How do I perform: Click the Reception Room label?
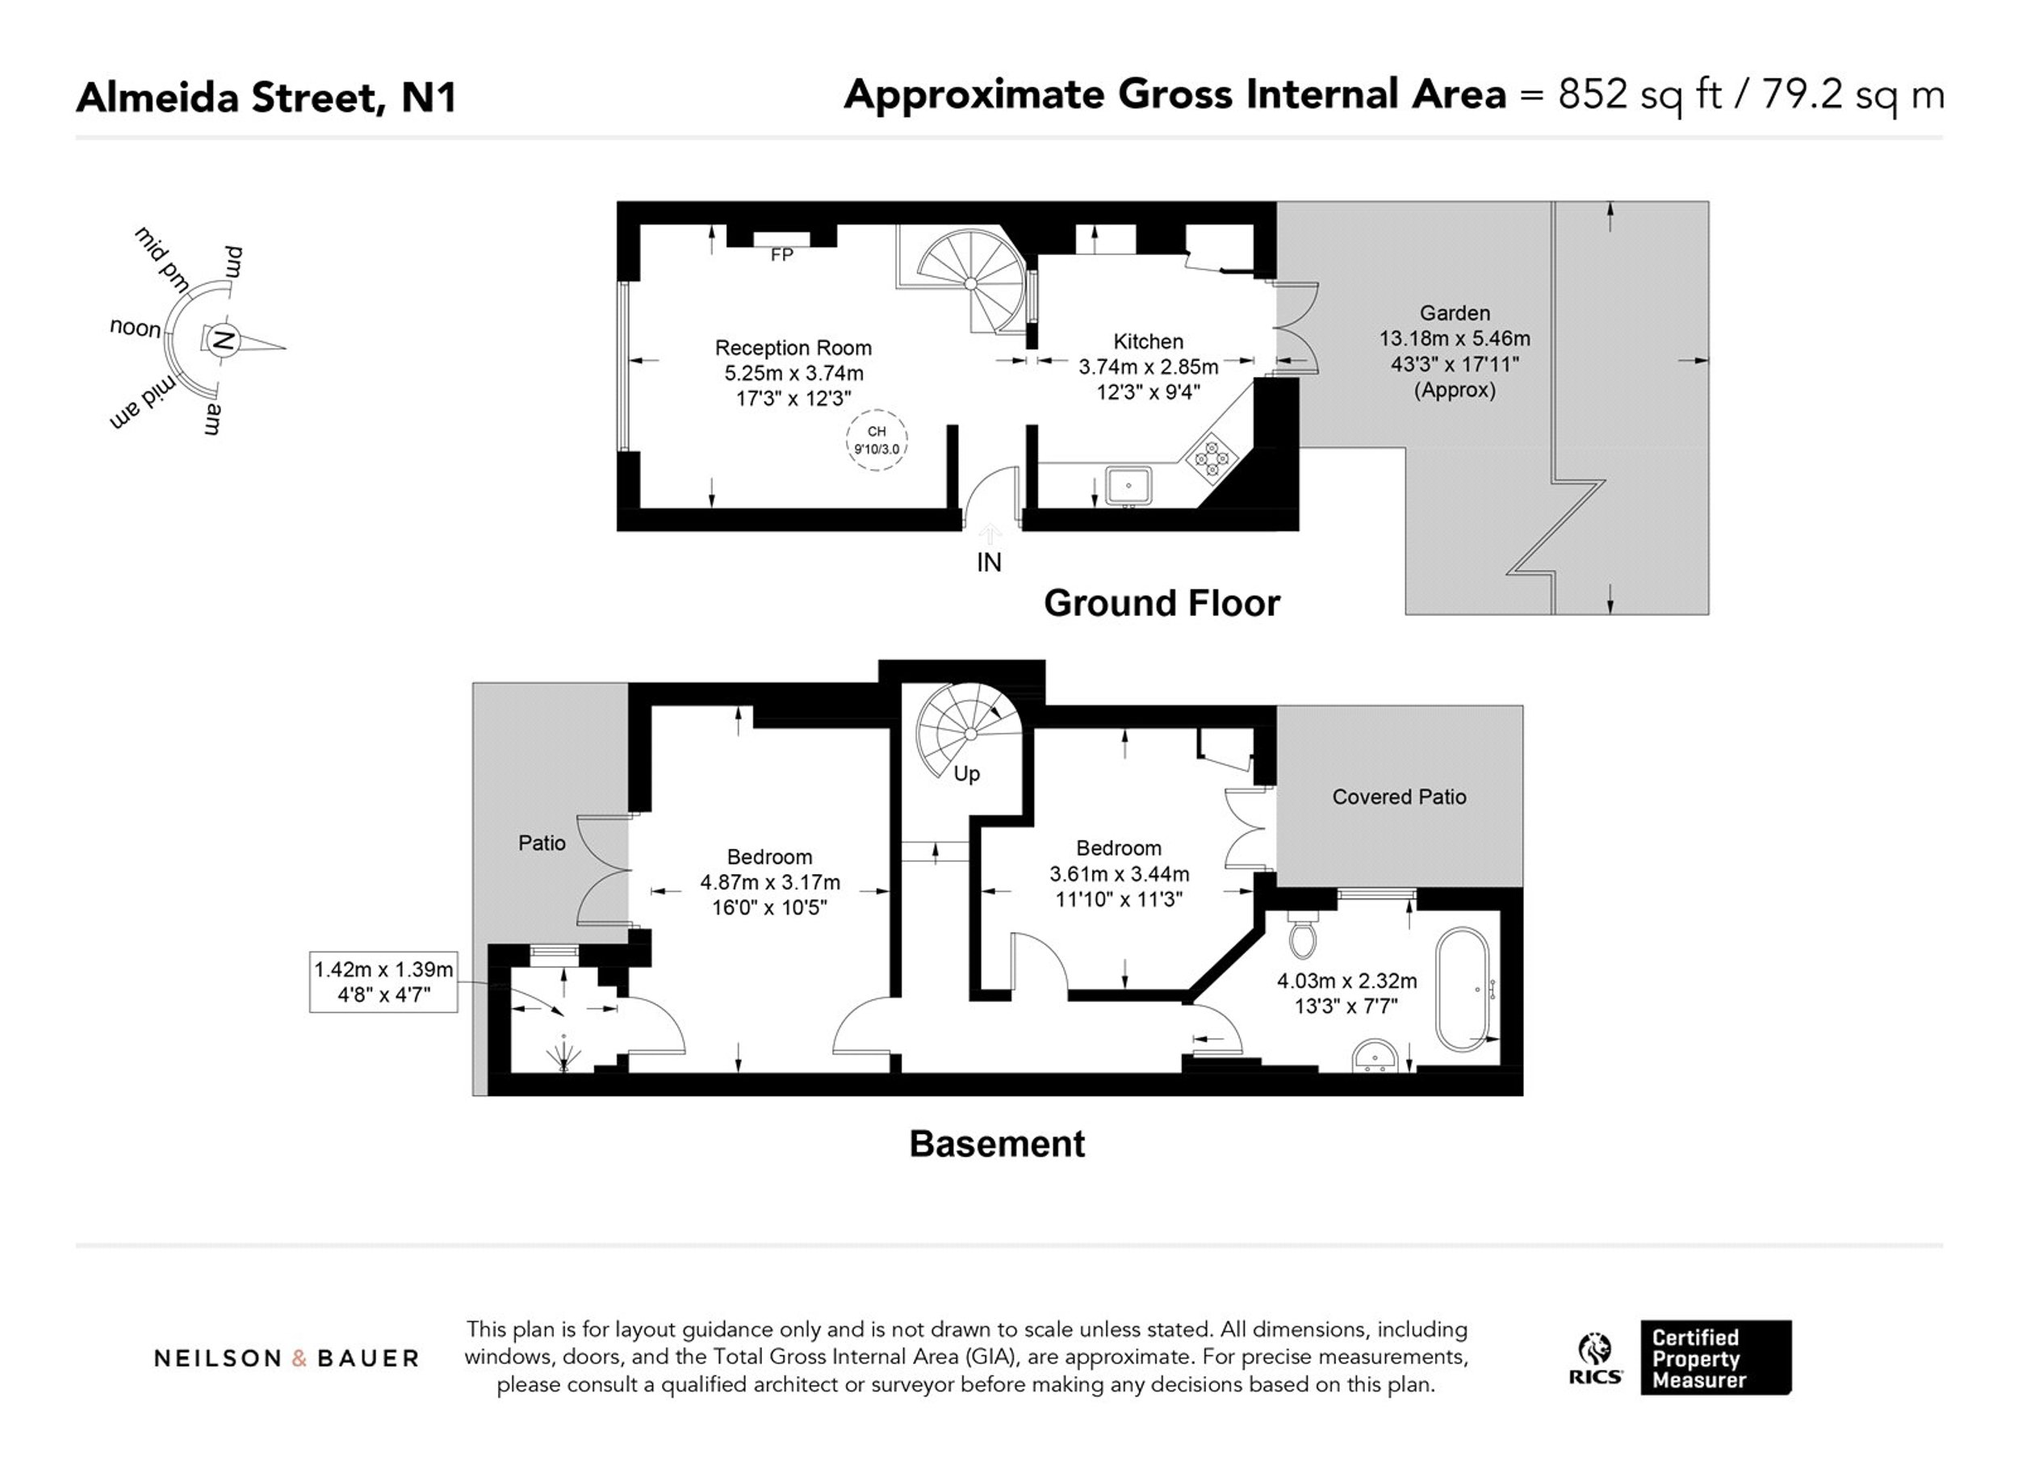pos(793,348)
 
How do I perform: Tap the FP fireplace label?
pos(781,255)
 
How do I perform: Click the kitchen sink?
pos(1128,486)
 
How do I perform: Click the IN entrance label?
pos(989,563)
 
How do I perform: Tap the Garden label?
pos(1455,313)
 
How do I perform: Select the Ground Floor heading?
pos(1161,603)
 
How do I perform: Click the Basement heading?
pos(997,1144)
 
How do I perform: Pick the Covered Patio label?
pos(1399,797)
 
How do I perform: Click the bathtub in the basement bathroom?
pos(1461,990)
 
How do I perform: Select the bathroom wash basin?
pos(1375,1057)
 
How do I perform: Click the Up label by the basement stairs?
pos(966,774)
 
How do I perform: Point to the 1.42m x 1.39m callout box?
pos(383,982)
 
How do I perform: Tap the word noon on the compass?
pos(136,328)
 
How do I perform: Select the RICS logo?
pos(1595,1358)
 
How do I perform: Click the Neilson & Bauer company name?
pos(287,1358)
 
